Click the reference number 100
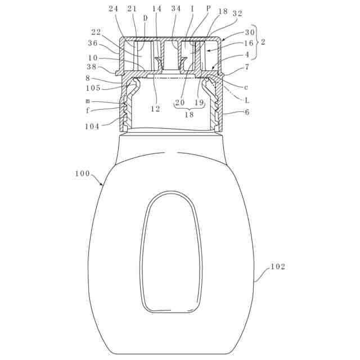coord(82,174)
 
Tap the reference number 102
coord(278,267)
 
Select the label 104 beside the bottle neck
coord(92,127)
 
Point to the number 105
coord(93,88)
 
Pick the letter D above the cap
coord(145,18)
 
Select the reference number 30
coord(250,32)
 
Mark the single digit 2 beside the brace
coord(263,43)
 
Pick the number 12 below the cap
coord(155,109)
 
